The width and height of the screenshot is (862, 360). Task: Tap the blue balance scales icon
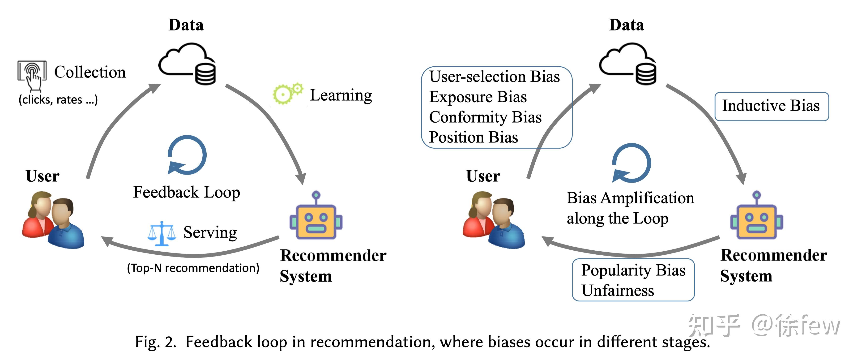pyautogui.click(x=162, y=234)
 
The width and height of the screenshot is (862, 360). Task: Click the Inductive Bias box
pyautogui.click(x=771, y=106)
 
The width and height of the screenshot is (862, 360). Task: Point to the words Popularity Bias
pyautogui.click(x=633, y=270)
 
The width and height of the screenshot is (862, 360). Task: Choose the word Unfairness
pyautogui.click(x=618, y=290)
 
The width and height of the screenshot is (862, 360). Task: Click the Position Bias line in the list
pyautogui.click(x=474, y=137)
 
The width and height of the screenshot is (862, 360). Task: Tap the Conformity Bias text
pyautogui.click(x=485, y=117)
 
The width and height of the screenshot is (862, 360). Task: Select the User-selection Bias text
pyautogui.click(x=495, y=77)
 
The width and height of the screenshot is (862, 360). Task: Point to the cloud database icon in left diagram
pyautogui.click(x=187, y=64)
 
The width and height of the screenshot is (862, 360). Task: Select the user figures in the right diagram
pyautogui.click(x=494, y=220)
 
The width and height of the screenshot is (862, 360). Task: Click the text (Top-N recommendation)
pyautogui.click(x=193, y=268)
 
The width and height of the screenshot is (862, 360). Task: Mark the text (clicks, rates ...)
pyautogui.click(x=58, y=100)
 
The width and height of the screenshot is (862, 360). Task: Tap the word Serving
pyautogui.click(x=210, y=232)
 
